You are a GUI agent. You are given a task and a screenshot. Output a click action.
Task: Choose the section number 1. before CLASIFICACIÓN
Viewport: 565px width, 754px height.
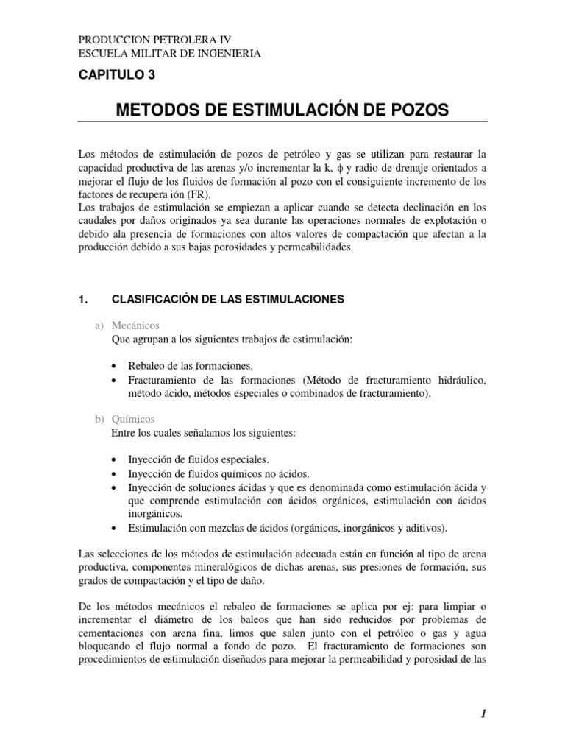82,299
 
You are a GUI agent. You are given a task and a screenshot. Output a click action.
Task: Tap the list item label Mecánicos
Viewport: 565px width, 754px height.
136,325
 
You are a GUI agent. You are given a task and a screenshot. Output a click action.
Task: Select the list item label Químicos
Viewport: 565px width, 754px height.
133,419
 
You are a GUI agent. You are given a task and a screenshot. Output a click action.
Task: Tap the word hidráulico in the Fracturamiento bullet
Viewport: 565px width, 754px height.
459,380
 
